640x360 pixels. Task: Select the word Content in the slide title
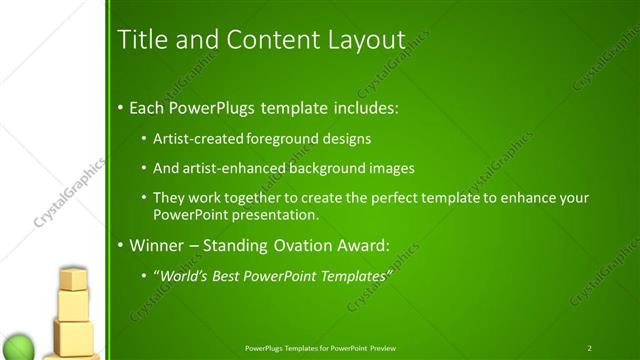coord(261,40)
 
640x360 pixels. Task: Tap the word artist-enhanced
coord(229,168)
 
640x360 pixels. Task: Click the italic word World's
coord(181,275)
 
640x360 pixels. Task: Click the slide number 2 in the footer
coord(590,348)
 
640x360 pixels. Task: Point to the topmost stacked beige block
coord(73,279)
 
